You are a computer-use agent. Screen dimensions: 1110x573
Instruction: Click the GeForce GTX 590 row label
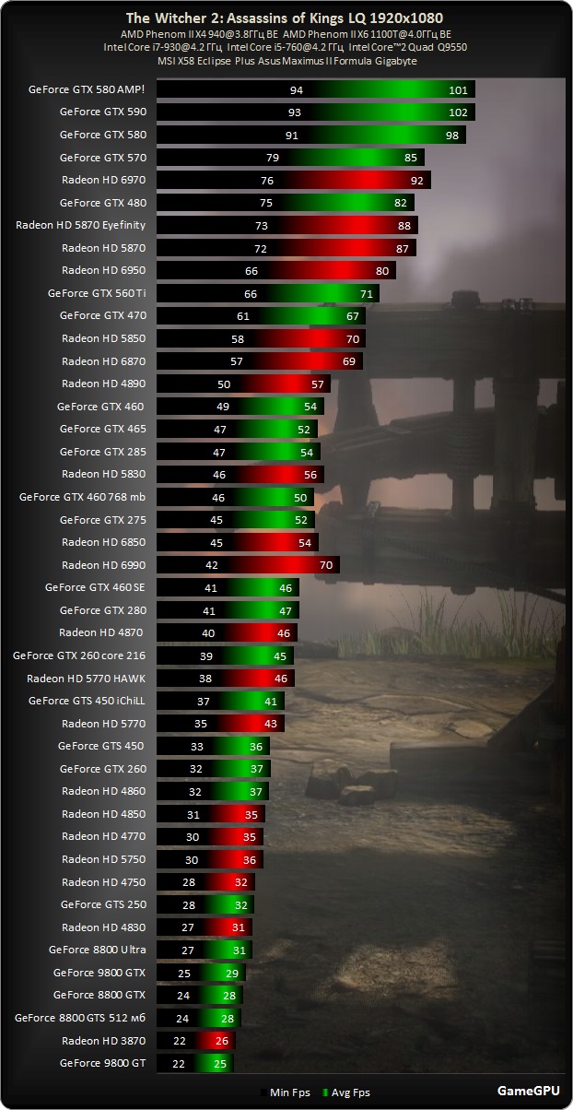103,112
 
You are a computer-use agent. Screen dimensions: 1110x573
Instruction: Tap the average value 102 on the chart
458,112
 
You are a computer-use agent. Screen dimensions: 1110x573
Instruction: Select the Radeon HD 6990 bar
248,564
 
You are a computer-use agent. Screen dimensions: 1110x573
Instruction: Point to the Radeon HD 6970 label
103,180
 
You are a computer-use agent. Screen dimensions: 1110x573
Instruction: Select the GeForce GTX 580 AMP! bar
315,89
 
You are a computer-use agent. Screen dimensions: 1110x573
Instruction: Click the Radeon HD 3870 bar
195,1040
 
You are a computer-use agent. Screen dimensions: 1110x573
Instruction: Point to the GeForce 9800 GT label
103,1063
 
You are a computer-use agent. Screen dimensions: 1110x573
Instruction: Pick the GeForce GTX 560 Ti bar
267,293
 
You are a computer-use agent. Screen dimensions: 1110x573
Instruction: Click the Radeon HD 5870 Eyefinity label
81,225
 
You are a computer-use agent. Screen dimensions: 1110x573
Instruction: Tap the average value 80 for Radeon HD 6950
382,270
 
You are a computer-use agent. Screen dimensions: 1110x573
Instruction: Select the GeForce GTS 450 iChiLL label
87,701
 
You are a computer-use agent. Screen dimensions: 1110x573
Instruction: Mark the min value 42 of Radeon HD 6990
212,564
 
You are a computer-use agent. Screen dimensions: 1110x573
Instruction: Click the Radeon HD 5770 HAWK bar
225,678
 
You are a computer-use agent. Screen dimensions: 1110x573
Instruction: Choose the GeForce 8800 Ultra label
98,950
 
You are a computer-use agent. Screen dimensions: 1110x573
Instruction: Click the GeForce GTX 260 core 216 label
79,655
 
